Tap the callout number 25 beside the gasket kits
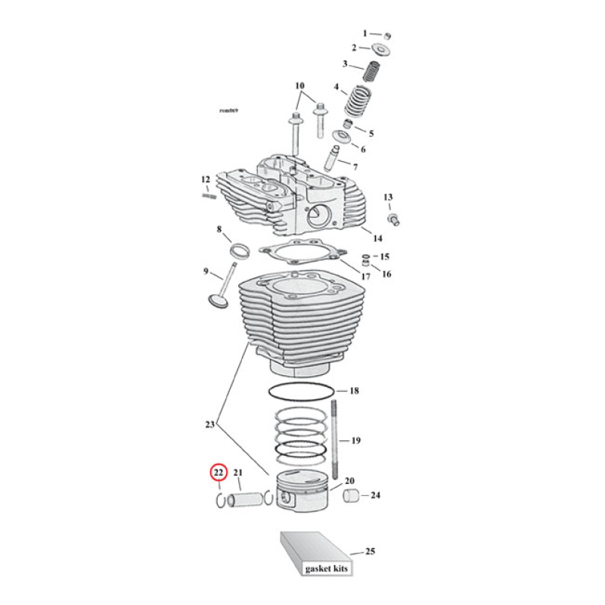coord(370,551)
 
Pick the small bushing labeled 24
coord(351,496)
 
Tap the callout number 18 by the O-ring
coord(353,392)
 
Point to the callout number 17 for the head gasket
coord(365,277)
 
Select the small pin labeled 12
coord(209,197)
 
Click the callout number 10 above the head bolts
coord(299,85)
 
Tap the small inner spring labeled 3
coord(371,73)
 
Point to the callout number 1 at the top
coord(365,33)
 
